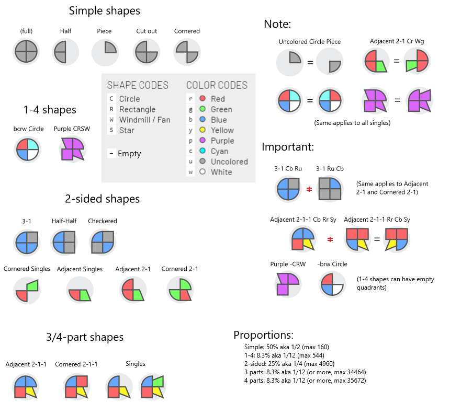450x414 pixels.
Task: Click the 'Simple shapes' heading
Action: tap(105, 10)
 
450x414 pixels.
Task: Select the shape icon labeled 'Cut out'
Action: tap(147, 52)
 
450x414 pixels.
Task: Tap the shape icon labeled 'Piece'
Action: tap(105, 52)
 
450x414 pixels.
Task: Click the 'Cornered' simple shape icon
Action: tap(187, 52)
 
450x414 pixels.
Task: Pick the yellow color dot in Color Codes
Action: tap(202, 130)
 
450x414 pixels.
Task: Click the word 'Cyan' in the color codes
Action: tap(219, 151)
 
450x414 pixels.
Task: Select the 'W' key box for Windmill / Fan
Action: tap(111, 120)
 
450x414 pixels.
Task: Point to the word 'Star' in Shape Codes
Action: tap(126, 130)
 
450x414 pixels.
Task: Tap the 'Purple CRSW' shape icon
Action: tap(72, 149)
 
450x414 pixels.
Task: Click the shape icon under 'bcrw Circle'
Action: tap(27, 149)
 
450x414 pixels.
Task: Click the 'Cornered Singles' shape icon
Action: tap(27, 291)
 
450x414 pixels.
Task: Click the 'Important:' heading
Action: tap(288, 147)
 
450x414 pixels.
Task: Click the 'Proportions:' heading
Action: tap(263, 335)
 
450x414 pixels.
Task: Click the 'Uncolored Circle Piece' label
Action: tap(310, 42)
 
